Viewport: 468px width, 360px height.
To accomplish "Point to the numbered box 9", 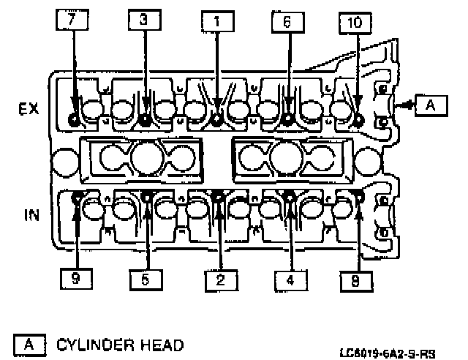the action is tap(77, 279).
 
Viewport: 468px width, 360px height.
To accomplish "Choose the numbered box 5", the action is tap(147, 279).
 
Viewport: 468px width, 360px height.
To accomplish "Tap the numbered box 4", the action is tap(291, 279).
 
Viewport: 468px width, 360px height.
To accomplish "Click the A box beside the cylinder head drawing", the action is tap(430, 105).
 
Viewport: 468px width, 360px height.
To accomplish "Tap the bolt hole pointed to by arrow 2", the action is tap(217, 195).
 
